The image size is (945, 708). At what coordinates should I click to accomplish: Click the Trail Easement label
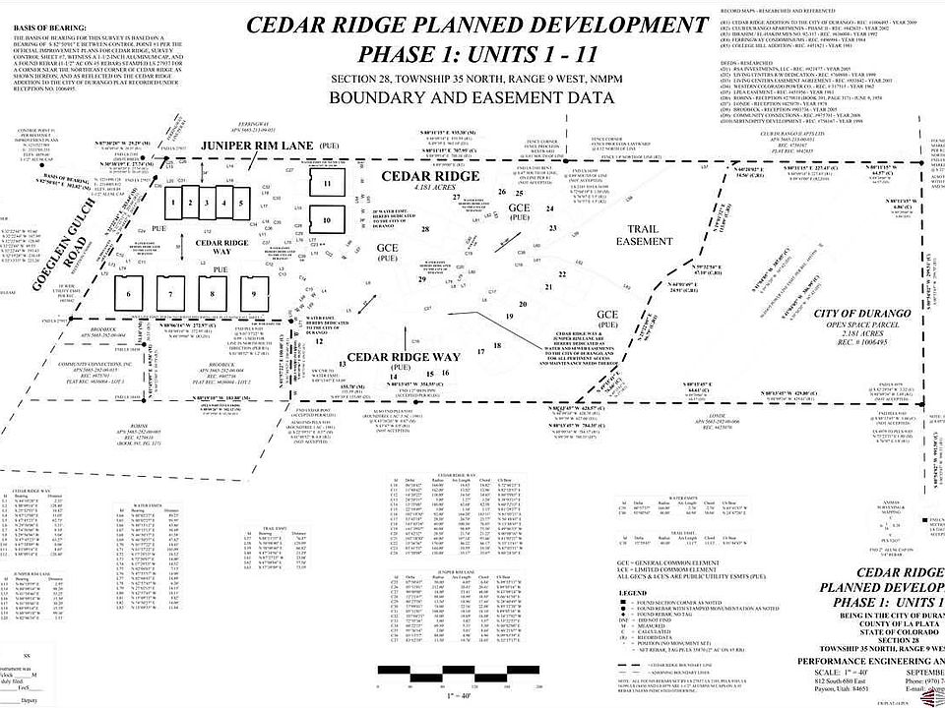(x=645, y=235)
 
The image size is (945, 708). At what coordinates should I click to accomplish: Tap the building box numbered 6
(x=128, y=293)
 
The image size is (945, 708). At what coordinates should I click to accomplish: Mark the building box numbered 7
(x=169, y=293)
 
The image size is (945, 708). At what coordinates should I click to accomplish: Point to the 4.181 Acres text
(x=430, y=187)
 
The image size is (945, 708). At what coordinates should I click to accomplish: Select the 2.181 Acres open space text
(x=852, y=333)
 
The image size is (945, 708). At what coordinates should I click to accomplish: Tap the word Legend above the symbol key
(x=633, y=593)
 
